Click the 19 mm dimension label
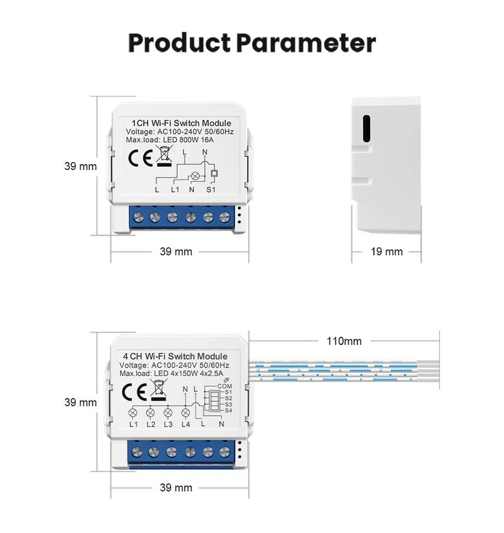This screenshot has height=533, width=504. click(386, 251)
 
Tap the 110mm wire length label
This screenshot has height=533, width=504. click(344, 341)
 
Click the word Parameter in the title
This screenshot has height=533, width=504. click(306, 43)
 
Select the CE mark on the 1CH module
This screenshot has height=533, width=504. click(140, 158)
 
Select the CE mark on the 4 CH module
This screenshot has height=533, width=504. click(134, 392)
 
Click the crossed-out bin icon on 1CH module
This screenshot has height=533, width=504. click(164, 156)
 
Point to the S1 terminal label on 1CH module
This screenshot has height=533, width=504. click(211, 189)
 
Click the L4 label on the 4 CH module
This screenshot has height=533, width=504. click(185, 424)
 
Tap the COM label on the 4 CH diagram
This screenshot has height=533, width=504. click(224, 386)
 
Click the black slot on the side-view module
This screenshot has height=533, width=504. click(366, 129)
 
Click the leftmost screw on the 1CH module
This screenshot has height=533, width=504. click(138, 217)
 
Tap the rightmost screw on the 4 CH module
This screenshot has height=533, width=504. click(224, 452)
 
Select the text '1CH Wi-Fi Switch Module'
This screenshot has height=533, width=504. click(182, 123)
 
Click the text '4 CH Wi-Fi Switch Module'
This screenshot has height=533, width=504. click(175, 356)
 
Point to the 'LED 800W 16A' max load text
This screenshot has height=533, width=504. click(189, 140)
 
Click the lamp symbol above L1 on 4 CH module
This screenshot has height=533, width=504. click(133, 413)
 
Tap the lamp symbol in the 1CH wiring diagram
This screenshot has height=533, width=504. click(195, 176)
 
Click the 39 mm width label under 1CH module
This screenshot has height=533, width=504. click(176, 251)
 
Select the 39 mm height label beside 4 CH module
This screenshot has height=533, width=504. click(81, 402)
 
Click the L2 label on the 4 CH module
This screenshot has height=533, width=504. click(151, 424)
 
